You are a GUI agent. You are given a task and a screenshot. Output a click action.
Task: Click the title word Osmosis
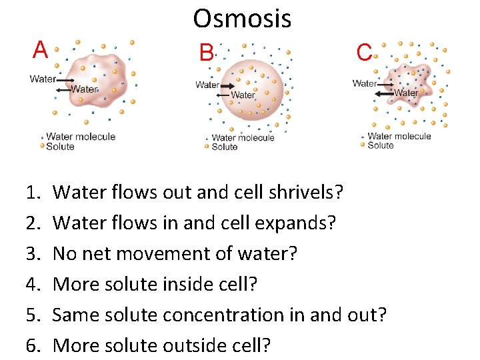[x=242, y=19]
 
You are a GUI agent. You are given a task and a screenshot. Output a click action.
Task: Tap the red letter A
[x=41, y=49]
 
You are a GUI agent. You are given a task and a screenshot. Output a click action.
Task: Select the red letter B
[x=205, y=52]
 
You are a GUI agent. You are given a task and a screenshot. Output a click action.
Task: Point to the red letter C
[x=364, y=52]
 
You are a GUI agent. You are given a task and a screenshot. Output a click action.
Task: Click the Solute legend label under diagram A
[x=60, y=146]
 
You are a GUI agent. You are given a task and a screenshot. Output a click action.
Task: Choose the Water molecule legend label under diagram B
[x=243, y=138]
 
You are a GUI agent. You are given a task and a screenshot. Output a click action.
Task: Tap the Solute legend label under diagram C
[x=381, y=145]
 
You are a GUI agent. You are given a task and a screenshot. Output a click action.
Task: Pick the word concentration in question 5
[x=231, y=315]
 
